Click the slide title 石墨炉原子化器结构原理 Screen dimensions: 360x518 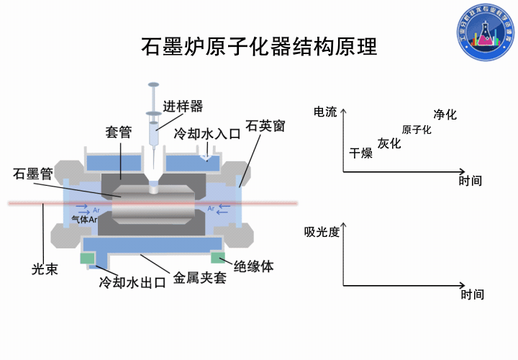pos(259,47)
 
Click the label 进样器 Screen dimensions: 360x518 pos(183,106)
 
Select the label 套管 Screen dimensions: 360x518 pos(119,132)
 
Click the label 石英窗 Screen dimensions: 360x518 pos(265,125)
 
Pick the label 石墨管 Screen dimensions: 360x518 pos(33,174)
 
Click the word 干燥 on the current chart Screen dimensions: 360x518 pos(360,153)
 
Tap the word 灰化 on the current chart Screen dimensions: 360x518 pos(389,143)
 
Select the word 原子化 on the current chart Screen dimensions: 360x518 pos(417,130)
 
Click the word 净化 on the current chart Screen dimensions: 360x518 pos(445,114)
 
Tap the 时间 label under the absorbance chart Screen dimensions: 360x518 pos(472,294)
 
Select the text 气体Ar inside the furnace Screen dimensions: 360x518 pos(85,220)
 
